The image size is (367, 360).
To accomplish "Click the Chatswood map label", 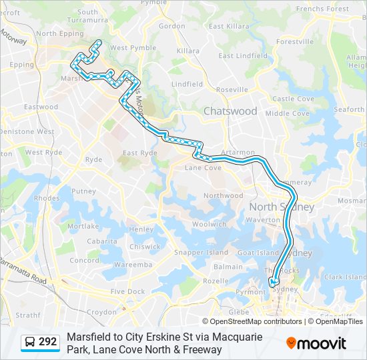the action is pyautogui.click(x=230, y=111).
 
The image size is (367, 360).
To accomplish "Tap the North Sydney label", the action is pyautogui.click(x=281, y=207).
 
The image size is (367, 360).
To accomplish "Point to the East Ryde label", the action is pyautogui.click(x=139, y=153).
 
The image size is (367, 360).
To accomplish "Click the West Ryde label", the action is pyautogui.click(x=44, y=153).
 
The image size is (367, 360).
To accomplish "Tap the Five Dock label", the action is pyautogui.click(x=127, y=291).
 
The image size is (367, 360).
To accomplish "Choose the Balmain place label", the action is pyautogui.click(x=228, y=267).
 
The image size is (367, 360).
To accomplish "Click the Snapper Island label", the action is pyautogui.click(x=192, y=253).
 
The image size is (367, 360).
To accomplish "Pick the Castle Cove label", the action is pyautogui.click(x=293, y=99).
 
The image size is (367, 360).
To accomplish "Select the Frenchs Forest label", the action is pyautogui.click(x=322, y=9).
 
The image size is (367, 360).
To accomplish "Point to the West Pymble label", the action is pyautogui.click(x=128, y=48).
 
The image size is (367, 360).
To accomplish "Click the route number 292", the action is pyautogui.click(x=47, y=342).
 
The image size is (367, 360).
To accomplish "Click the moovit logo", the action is pyautogui.click(x=316, y=343).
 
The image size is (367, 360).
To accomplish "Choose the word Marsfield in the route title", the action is pyautogui.click(x=89, y=337).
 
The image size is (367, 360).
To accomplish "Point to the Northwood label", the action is pyautogui.click(x=224, y=195).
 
